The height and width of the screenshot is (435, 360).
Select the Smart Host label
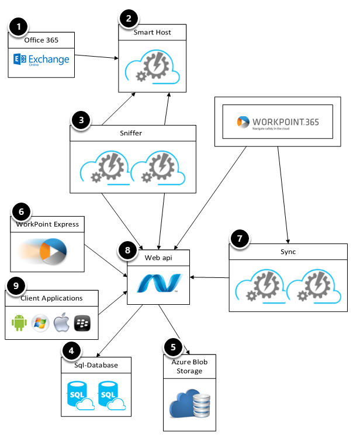pos(153,33)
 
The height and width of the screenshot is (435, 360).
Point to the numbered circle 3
pos(82,121)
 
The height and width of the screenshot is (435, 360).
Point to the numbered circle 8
pos(129,250)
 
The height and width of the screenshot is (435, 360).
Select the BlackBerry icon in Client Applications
pos(81,322)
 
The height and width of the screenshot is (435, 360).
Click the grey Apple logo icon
pos(61,322)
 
